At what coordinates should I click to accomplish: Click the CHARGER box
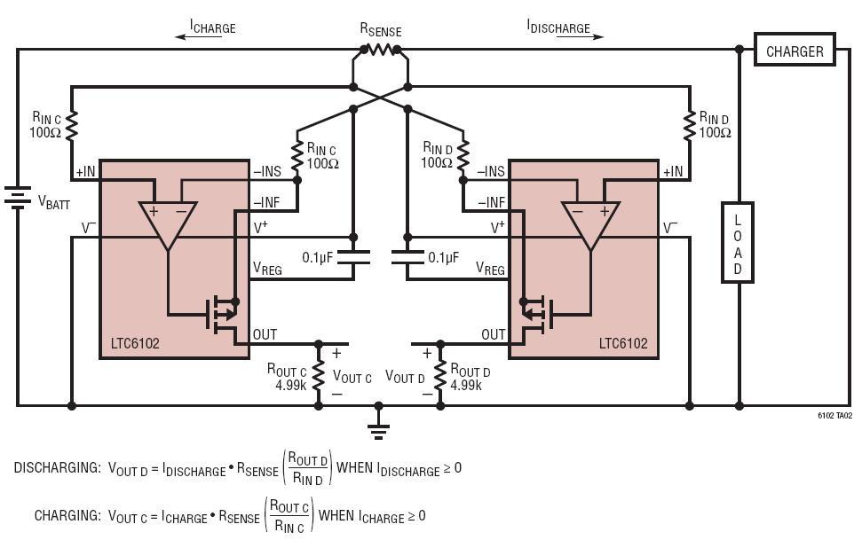[x=795, y=51]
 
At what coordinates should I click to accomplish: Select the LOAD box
[x=737, y=242]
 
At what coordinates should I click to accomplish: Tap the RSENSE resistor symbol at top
[x=380, y=50]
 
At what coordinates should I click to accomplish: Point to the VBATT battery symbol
[x=17, y=195]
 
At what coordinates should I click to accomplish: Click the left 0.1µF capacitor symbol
[x=353, y=257]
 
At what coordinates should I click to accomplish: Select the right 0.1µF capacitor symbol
[x=407, y=257]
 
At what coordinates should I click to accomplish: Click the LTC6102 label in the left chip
[x=135, y=344]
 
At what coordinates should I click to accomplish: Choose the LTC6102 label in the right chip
[x=623, y=344]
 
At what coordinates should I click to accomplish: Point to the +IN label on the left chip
[x=86, y=171]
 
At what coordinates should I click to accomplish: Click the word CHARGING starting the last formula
[x=67, y=515]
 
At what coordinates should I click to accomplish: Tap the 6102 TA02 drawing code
[x=834, y=415]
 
